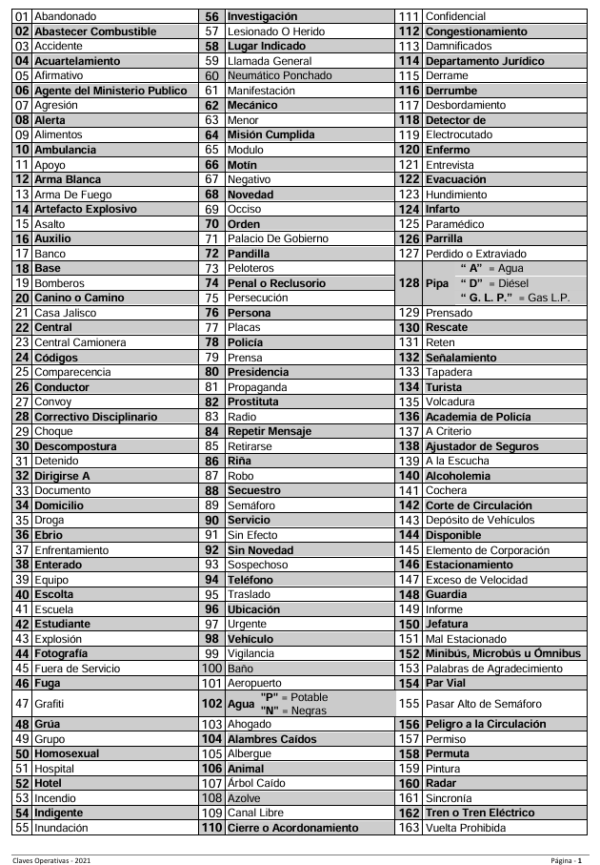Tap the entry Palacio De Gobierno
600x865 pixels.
273,239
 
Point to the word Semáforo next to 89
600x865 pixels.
253,505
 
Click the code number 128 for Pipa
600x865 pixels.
409,283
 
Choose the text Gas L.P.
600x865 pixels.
549,299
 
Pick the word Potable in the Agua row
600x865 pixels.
310,697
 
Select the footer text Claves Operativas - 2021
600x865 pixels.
52,860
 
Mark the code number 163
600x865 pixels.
409,828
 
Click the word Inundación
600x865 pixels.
67,828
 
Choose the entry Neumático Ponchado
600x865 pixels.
279,75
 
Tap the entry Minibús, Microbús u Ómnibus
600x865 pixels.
503,653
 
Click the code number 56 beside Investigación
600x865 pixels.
212,17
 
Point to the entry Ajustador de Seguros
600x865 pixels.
483,445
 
